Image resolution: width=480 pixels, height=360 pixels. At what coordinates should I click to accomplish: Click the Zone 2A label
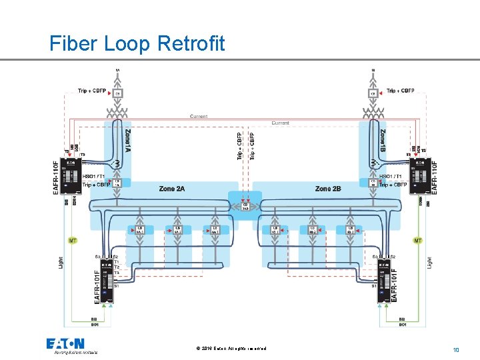[x=171, y=189]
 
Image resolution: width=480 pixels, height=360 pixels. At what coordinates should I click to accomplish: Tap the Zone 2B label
[x=328, y=189]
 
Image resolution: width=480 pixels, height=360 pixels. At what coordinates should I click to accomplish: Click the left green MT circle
[x=73, y=239]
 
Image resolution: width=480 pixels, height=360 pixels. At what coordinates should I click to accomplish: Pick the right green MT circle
[x=418, y=239]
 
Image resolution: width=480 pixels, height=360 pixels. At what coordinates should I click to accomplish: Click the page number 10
[x=456, y=349]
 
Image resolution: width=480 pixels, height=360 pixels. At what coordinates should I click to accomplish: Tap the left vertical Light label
[x=61, y=263]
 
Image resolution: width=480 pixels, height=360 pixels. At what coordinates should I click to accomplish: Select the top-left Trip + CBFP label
[x=91, y=91]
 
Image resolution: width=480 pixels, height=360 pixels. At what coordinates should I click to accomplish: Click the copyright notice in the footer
[x=231, y=349]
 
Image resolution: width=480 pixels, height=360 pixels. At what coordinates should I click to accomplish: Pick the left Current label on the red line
[x=198, y=117]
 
